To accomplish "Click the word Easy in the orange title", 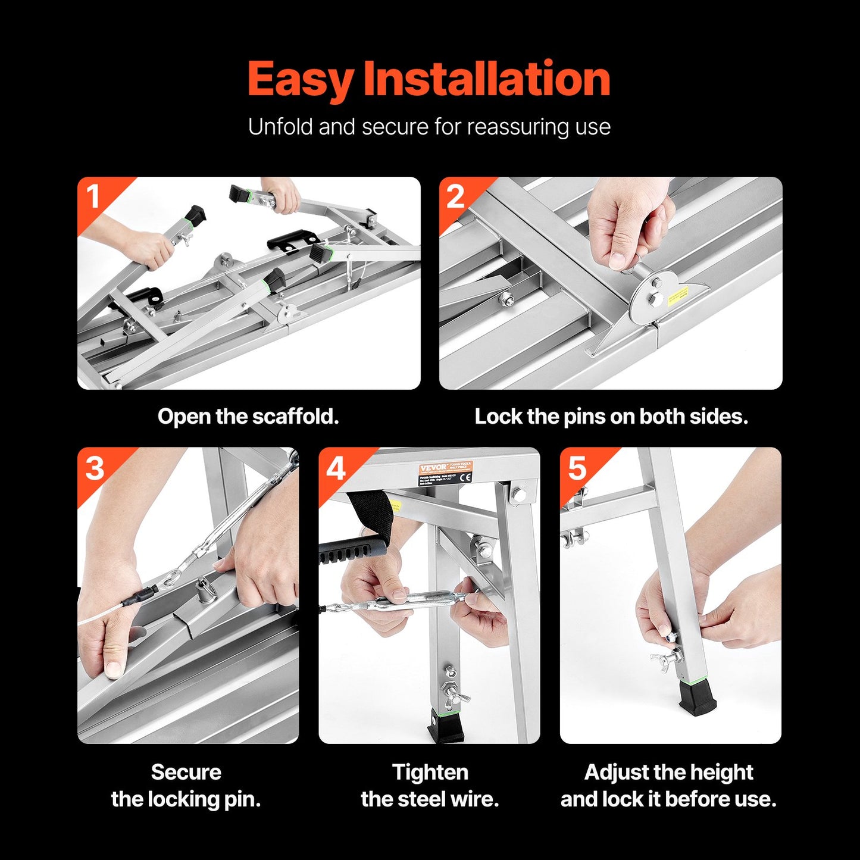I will [301, 80].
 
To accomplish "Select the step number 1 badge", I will [93, 196].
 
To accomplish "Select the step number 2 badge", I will [455, 196].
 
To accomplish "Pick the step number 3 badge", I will [95, 468].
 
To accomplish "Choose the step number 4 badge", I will [336, 468].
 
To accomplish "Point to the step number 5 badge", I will [577, 468].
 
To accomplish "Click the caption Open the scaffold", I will [248, 417].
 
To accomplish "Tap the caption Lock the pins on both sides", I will [611, 417].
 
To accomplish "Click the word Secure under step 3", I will [186, 772].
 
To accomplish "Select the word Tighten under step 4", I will [430, 772].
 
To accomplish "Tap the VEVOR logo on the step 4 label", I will [433, 468].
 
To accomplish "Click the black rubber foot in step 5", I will [698, 697].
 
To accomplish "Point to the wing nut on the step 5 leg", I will [667, 658].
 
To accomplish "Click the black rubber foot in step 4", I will [445, 726].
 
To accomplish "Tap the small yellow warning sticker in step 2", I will [677, 296].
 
